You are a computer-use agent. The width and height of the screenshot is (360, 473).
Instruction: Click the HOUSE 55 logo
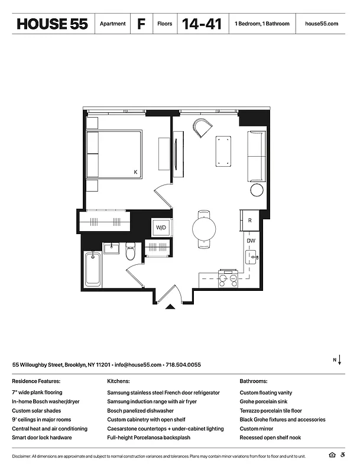[x=53, y=24]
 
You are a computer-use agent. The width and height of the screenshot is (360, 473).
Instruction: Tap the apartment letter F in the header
[x=141, y=24]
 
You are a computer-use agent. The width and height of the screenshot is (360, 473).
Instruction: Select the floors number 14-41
[x=202, y=24]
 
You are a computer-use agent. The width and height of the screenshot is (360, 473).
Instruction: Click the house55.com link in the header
[x=322, y=24]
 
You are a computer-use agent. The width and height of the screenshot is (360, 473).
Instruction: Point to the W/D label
[x=161, y=228]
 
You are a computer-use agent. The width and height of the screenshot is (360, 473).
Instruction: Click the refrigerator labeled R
[x=250, y=221]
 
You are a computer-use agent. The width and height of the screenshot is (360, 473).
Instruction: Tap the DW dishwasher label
[x=251, y=241]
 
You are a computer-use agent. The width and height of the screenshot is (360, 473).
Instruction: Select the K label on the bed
[x=135, y=172]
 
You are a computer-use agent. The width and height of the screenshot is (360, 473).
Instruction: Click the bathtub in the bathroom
[x=92, y=270]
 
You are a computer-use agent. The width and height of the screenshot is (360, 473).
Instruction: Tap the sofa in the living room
[x=257, y=156]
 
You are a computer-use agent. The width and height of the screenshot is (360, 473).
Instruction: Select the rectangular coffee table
[x=223, y=152]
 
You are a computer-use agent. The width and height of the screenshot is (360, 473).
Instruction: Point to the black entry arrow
[x=171, y=306]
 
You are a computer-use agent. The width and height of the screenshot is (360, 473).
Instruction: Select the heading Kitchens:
[x=118, y=381]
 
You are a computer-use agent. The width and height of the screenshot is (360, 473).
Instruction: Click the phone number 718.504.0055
[x=183, y=365]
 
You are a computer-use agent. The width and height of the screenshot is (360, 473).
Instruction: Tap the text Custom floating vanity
[x=265, y=393]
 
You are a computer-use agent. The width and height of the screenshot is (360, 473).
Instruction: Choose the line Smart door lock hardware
[x=42, y=438]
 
